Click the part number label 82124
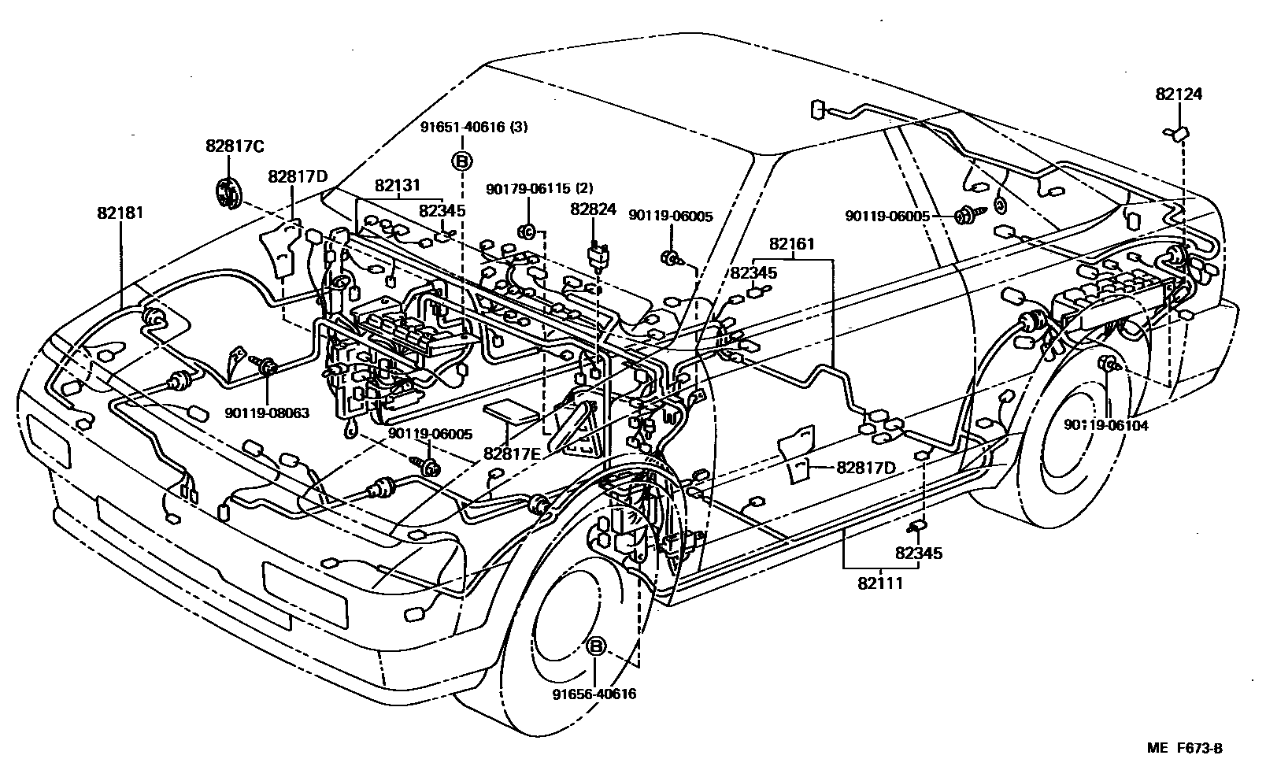(x=1179, y=94)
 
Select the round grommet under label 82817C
(x=228, y=194)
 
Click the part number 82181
(x=120, y=213)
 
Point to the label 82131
(x=398, y=186)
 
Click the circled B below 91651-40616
(x=462, y=161)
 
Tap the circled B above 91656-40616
(x=596, y=647)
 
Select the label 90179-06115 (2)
(x=539, y=187)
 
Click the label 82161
(x=792, y=245)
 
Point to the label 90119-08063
(x=266, y=413)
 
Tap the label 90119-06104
(x=1105, y=425)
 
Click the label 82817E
(x=513, y=453)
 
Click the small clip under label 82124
(x=1179, y=134)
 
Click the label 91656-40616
(x=594, y=694)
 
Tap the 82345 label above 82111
(x=919, y=553)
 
